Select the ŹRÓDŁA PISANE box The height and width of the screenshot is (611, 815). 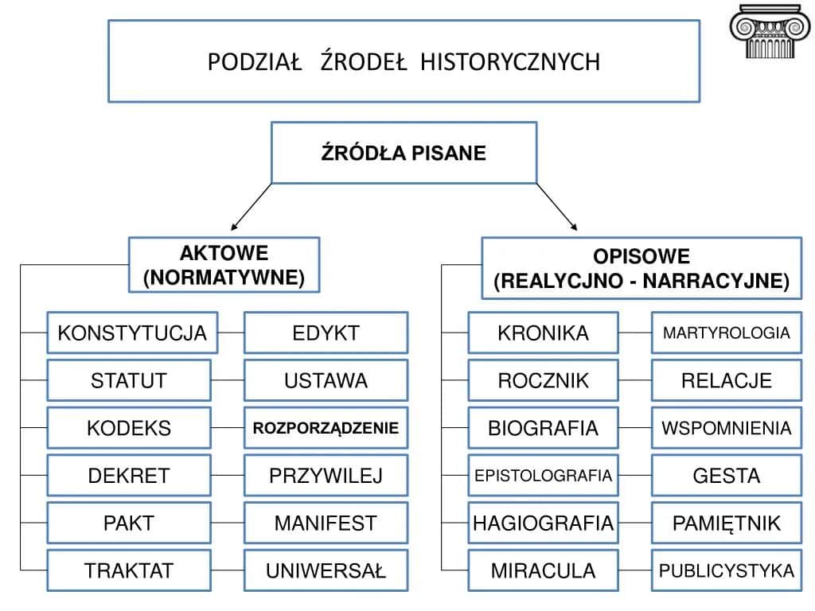[x=404, y=153]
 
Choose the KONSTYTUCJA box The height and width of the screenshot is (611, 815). [x=132, y=333]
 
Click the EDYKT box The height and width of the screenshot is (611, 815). [x=326, y=333]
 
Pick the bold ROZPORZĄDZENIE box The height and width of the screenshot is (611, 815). [x=326, y=428]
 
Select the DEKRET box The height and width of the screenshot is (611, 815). [x=129, y=476]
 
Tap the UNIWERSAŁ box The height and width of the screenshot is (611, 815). [x=326, y=570]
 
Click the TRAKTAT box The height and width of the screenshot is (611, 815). [x=129, y=570]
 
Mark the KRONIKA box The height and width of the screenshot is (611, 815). [x=543, y=333]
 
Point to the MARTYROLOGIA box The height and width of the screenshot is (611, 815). [x=726, y=333]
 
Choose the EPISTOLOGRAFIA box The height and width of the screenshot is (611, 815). [x=543, y=476]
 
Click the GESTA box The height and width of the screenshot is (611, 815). [x=726, y=476]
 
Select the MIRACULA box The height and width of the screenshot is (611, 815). [x=543, y=570]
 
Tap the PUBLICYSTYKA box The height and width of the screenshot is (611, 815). [x=726, y=570]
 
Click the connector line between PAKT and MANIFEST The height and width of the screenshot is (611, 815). [x=228, y=523]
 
